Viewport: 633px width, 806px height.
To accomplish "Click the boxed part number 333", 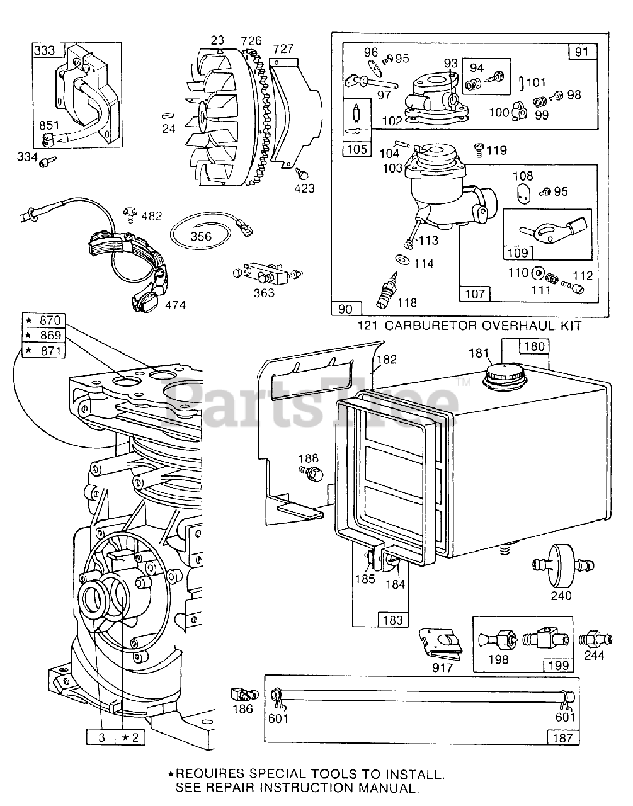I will click(x=44, y=50).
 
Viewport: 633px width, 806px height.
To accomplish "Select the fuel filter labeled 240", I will click(x=556, y=560).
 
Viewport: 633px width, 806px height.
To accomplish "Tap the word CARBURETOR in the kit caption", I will click(x=445, y=326).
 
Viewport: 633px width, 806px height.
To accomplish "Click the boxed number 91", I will click(x=581, y=51).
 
